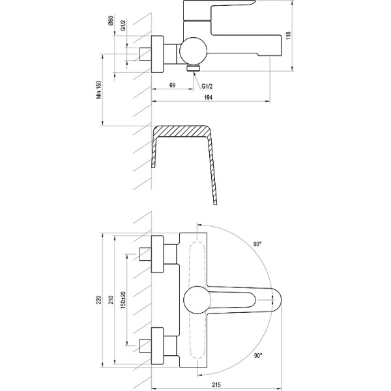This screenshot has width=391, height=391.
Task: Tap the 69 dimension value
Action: (x=172, y=85)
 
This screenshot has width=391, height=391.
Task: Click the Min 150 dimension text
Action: (x=100, y=89)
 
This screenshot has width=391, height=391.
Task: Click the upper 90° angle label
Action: (x=258, y=244)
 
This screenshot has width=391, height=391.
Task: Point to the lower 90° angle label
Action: (x=258, y=356)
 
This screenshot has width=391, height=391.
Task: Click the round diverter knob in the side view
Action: (x=193, y=48)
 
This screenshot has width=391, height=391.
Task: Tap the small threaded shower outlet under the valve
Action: (x=194, y=67)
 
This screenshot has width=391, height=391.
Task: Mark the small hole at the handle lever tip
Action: (x=270, y=300)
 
